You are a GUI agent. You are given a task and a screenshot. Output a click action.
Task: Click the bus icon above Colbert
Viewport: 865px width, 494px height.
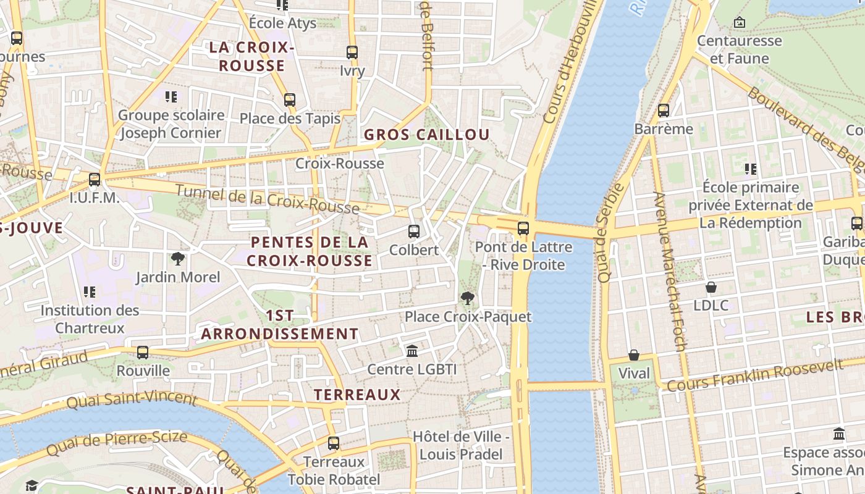[414, 232]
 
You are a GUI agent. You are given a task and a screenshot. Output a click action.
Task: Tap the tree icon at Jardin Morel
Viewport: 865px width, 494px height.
[178, 259]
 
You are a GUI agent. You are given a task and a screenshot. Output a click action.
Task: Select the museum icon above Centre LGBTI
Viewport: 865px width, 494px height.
[412, 351]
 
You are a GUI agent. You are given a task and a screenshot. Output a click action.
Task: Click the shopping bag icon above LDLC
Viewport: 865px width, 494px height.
[711, 287]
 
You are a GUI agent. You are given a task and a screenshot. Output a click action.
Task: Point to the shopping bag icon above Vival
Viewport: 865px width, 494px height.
[634, 355]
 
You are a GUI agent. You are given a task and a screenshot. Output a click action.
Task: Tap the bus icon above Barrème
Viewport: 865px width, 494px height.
[664, 111]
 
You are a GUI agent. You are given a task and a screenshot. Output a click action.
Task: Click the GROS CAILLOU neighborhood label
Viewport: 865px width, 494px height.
[426, 135]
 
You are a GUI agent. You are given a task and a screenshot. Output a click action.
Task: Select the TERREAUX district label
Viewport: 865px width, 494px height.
[357, 395]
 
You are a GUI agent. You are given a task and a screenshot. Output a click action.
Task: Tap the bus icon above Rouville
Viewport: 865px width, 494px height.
[143, 353]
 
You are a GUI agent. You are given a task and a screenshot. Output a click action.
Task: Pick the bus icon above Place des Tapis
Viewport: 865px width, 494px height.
[290, 99]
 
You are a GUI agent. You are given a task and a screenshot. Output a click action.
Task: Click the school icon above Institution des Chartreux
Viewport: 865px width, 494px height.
[90, 291]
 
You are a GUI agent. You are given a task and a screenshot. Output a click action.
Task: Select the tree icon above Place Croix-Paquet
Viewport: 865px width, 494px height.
[468, 299]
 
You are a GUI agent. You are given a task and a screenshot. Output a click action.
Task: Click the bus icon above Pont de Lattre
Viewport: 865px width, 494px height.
[523, 228]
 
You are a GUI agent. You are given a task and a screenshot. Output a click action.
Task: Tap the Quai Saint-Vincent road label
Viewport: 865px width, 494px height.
[131, 400]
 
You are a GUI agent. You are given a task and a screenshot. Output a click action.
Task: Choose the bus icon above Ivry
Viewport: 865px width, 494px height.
[352, 52]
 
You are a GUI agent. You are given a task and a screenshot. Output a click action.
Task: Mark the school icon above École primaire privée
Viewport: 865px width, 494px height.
[751, 169]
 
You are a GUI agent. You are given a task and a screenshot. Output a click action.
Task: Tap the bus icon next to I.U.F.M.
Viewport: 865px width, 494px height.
[95, 180]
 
